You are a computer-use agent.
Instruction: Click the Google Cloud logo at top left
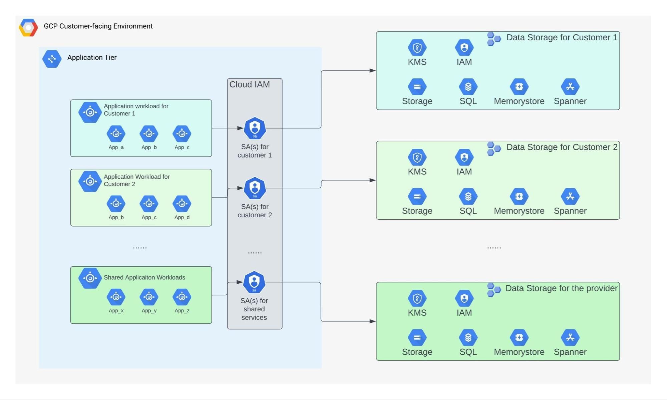coord(28,27)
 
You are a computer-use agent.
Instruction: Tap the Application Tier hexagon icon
coord(52,59)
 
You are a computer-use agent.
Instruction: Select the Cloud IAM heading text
coord(250,85)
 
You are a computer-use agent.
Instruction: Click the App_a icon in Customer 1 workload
coord(116,134)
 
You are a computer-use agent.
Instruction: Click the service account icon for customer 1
coord(255,128)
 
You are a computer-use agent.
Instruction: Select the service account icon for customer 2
coord(255,188)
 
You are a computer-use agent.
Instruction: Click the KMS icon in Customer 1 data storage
coord(417,48)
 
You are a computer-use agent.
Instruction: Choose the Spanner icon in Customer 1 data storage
coord(570,87)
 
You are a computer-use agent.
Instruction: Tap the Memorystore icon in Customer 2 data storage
coord(519,197)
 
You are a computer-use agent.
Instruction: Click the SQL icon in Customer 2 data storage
coord(468,197)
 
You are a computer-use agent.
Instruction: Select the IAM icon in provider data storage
coord(464,299)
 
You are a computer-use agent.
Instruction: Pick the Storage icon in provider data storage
coord(417,338)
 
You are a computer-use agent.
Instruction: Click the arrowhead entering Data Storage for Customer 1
coord(372,71)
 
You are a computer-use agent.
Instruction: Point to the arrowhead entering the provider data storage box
coord(372,321)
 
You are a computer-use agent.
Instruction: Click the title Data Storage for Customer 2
coord(562,147)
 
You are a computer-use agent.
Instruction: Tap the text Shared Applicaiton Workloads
coord(144,278)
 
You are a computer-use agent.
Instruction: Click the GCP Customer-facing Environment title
coord(98,26)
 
